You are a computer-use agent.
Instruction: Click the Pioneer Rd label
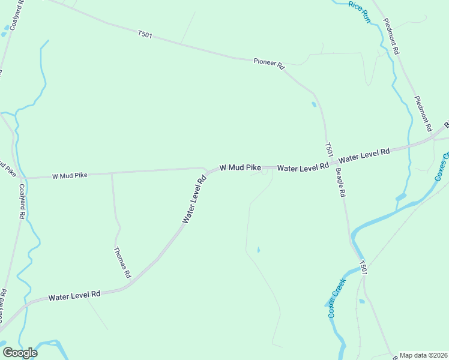tap(268, 64)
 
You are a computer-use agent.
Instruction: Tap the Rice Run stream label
tap(360, 12)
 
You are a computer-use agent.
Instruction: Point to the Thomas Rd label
tap(121, 263)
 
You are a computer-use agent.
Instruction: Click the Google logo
tap(20, 352)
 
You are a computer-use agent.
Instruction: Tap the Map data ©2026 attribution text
tap(423, 355)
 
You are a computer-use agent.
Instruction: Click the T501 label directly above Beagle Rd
tap(328, 149)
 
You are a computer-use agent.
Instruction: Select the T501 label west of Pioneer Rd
tap(145, 35)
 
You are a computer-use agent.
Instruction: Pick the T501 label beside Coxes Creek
tap(363, 267)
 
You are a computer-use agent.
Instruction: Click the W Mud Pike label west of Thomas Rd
tap(70, 176)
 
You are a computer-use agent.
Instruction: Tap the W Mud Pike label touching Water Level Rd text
tap(240, 168)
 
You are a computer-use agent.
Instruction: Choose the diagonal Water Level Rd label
tap(194, 199)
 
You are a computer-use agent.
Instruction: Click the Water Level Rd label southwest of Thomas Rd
tap(74, 296)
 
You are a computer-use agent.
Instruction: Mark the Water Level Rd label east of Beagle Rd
tap(364, 156)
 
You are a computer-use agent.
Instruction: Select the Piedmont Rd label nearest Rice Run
tap(390, 37)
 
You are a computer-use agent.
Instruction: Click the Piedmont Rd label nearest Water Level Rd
tap(423, 113)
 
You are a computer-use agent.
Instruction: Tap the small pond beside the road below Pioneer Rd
tap(314, 105)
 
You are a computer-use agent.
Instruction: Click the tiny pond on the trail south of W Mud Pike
tap(259, 250)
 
